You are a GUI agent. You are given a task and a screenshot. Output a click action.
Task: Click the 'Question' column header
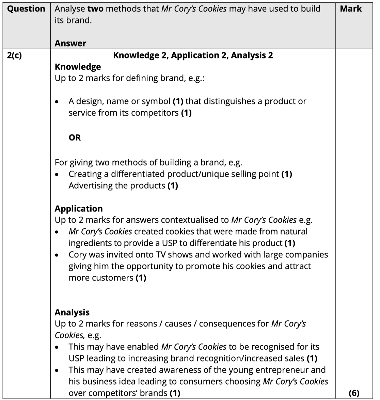click(26, 9)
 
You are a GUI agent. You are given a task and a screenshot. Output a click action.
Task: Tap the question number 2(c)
click(14, 55)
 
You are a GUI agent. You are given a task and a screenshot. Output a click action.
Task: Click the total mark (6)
click(354, 393)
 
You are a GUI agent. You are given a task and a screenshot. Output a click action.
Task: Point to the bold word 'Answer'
click(70, 43)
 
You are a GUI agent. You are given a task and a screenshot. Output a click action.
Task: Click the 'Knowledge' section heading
click(78, 67)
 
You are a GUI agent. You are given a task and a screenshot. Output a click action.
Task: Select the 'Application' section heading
click(79, 209)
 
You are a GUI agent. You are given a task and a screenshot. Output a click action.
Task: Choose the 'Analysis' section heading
click(72, 312)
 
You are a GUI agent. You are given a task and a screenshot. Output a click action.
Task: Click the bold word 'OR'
click(75, 137)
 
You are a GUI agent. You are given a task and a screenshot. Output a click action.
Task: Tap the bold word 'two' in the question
click(95, 9)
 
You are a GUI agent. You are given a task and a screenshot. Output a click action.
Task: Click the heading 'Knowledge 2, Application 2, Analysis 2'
click(193, 55)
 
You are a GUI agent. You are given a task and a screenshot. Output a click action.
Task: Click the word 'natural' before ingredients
click(292, 232)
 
